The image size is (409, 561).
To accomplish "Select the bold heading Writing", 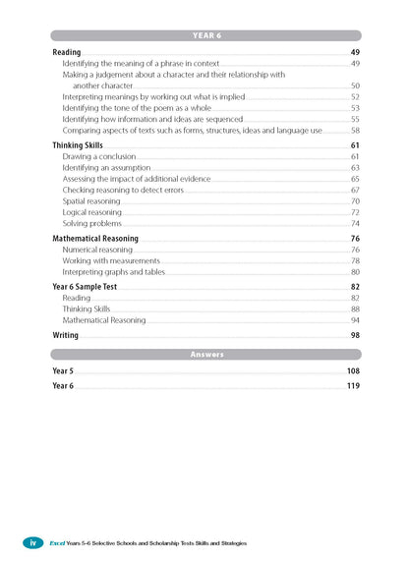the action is coord(66,335).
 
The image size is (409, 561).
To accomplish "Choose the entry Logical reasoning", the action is coord(91,212).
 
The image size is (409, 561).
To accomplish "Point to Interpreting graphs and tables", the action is coord(113,272).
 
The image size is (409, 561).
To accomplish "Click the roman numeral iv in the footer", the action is coord(31,542).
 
